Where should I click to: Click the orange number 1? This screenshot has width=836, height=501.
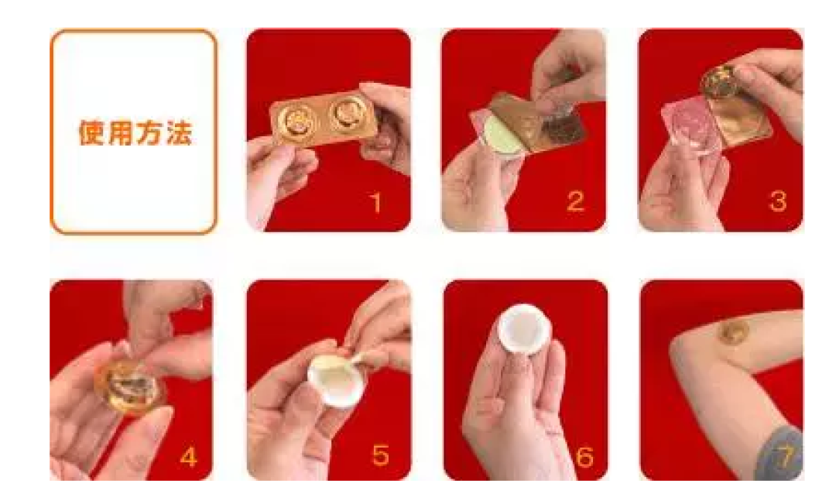coord(376,203)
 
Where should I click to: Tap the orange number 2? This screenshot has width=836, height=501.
coord(575,201)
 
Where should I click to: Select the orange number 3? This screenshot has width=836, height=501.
coord(778,201)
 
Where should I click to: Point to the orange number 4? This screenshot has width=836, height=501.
coord(189,457)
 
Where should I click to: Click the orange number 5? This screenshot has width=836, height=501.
coord(380,455)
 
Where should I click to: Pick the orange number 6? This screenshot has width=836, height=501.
coord(584,457)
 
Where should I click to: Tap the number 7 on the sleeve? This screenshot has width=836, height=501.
coord(786,455)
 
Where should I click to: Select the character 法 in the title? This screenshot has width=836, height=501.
coord(179,132)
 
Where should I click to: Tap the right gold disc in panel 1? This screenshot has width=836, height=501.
coord(346,114)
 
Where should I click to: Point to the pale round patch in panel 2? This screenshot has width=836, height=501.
coord(499,135)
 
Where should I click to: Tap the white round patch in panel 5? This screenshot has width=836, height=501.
coord(333,379)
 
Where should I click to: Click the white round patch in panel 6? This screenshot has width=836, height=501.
coord(522,330)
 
